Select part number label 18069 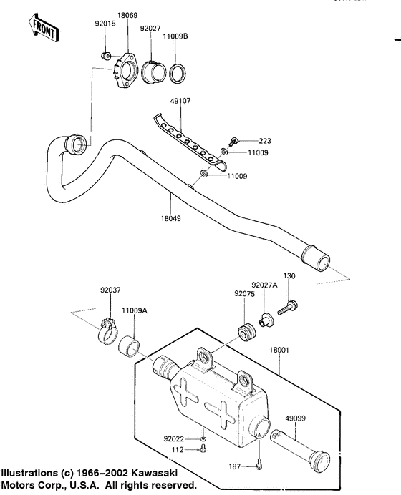(128, 14)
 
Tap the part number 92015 (105, 24)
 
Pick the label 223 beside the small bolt (246, 141)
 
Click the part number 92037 (110, 290)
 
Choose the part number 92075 (243, 293)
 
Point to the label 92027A (265, 285)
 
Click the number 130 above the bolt (289, 275)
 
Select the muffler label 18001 (280, 350)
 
